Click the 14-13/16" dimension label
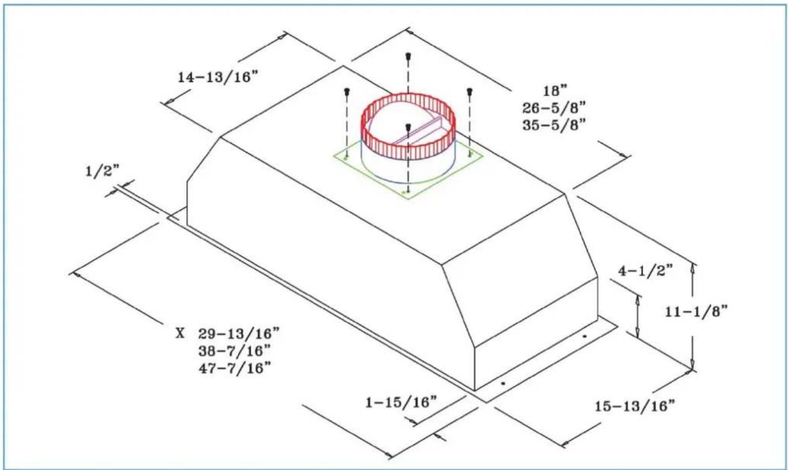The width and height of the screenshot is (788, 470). click(218, 77)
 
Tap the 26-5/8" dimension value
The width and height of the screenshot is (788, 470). click(554, 108)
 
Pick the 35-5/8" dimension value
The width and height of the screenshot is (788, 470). click(554, 125)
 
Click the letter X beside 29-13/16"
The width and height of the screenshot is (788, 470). click(180, 333)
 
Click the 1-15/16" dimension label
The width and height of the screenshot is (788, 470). click(401, 402)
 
